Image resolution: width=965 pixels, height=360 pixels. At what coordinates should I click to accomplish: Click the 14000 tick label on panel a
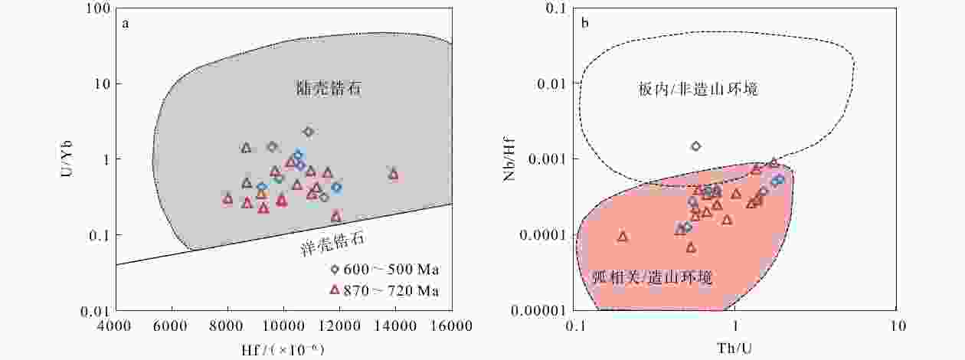click(x=395, y=326)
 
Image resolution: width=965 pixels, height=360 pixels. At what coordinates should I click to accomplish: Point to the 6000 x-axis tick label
click(x=172, y=326)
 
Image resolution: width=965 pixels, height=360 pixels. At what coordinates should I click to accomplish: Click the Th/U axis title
click(x=735, y=348)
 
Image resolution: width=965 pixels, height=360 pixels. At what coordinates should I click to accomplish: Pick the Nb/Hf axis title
click(x=509, y=159)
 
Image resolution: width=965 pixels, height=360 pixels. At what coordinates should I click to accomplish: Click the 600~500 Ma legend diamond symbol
click(x=335, y=270)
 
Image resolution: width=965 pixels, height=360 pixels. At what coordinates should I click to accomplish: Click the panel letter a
click(x=126, y=24)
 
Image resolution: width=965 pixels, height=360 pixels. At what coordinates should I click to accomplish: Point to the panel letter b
click(x=584, y=22)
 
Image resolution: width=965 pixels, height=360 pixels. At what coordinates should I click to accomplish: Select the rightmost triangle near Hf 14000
click(x=393, y=175)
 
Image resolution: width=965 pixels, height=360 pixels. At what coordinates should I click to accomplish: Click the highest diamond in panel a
click(x=308, y=131)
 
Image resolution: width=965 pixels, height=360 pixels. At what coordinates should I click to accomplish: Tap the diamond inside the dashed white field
click(x=696, y=146)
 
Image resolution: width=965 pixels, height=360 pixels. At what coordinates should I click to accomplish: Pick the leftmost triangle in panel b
click(x=623, y=237)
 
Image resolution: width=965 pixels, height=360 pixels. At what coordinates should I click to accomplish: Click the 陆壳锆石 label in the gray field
click(x=329, y=88)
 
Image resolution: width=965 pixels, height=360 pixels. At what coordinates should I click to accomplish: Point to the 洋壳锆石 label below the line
click(x=332, y=244)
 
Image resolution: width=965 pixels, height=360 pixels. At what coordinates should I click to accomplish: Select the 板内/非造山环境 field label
click(x=698, y=89)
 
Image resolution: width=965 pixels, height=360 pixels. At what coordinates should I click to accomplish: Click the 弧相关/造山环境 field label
click(x=652, y=277)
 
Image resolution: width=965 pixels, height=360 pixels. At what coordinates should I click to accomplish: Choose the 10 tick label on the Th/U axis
click(x=897, y=326)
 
